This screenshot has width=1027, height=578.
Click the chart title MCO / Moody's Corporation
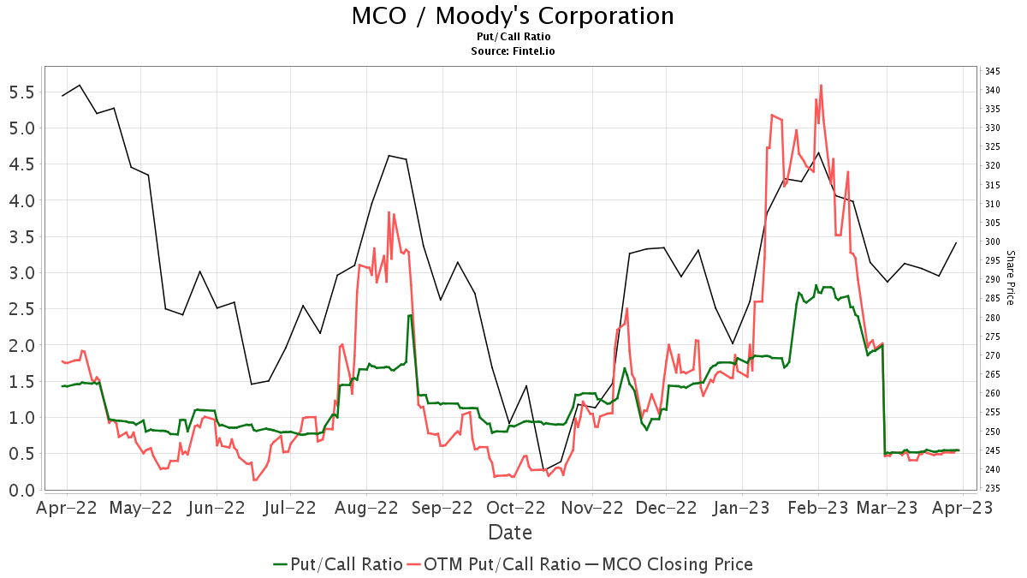coord(513,16)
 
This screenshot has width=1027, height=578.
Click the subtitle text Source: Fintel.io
coord(513,51)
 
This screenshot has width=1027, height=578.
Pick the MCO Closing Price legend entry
coord(668,564)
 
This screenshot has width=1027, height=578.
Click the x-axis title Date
coord(510,533)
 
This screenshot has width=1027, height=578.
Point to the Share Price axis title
coord(1010,277)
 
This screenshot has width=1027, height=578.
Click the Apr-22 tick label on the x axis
coord(67,508)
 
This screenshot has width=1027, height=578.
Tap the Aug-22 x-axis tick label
coord(366,508)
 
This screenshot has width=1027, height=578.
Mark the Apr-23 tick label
coord(964,508)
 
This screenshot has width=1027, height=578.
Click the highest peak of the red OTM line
coord(821,85)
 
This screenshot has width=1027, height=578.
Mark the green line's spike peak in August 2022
coord(410,315)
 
